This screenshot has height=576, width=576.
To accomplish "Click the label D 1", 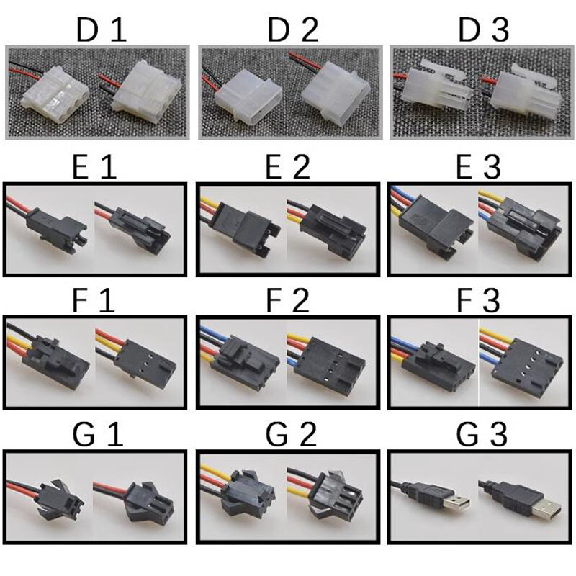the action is coord(102,30).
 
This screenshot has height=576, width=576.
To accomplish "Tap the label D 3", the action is coord(483,30).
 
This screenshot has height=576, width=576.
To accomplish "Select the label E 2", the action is coord(287,167).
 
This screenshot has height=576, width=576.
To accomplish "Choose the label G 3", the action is coord(482,435).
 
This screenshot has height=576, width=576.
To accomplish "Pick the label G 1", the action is coord(98,435).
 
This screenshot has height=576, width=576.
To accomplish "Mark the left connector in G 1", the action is coord(60,498).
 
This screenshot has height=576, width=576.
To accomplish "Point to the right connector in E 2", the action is coord(333,230).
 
